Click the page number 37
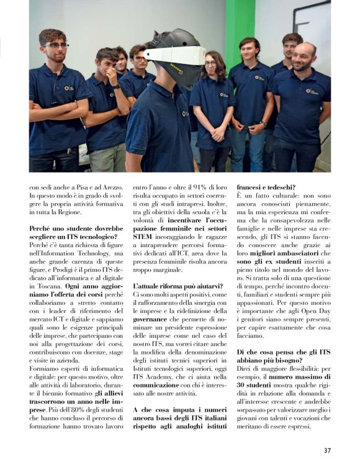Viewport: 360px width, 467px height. (x=326, y=450)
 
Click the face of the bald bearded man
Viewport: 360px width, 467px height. (x=305, y=58)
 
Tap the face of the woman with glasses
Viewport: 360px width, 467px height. (x=212, y=64)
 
